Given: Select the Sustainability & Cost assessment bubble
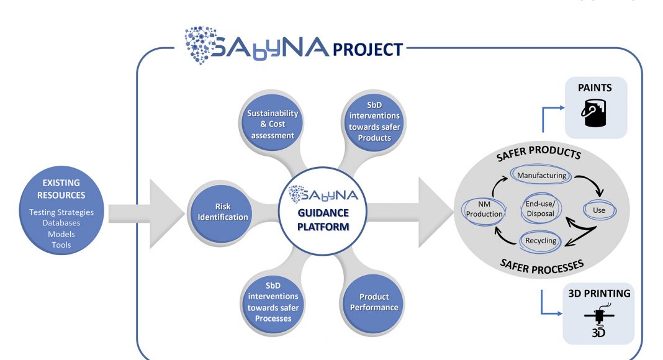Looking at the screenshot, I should [273, 124].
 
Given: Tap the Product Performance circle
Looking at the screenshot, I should [374, 302].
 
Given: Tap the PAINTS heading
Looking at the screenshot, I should [595, 88].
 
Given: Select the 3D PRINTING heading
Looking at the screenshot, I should [598, 293].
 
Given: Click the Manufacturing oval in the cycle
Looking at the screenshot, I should [541, 176].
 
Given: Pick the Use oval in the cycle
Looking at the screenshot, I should [598, 210].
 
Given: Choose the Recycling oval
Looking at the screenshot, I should [541, 241].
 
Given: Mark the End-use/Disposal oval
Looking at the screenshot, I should [541, 209].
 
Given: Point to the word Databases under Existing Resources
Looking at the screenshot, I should [61, 223].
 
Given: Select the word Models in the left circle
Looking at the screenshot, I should [61, 234].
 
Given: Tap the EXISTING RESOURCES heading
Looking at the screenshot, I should [61, 189].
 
